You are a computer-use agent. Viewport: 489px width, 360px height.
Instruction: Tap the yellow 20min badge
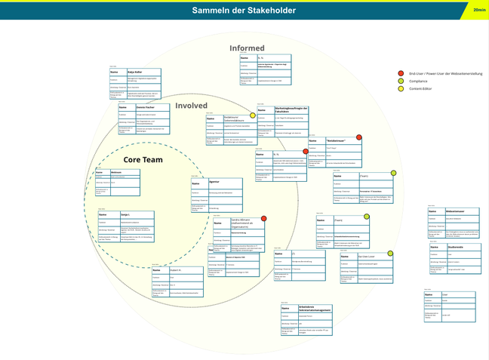tap(479, 10)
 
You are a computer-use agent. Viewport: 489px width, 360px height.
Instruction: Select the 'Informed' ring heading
tap(247, 48)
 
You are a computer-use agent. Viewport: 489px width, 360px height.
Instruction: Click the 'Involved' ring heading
tap(191, 105)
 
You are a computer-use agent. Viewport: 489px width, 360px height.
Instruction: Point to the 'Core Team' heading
tap(143, 160)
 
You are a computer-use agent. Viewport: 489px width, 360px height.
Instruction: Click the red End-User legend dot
tap(401, 73)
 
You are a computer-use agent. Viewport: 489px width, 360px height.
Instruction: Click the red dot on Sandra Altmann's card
tap(263, 219)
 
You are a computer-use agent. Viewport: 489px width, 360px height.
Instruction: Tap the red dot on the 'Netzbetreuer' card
tap(358, 137)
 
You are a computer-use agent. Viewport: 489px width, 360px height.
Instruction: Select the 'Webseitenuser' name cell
tap(454, 210)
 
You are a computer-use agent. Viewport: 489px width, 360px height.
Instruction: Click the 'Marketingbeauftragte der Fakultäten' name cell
tap(293, 110)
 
